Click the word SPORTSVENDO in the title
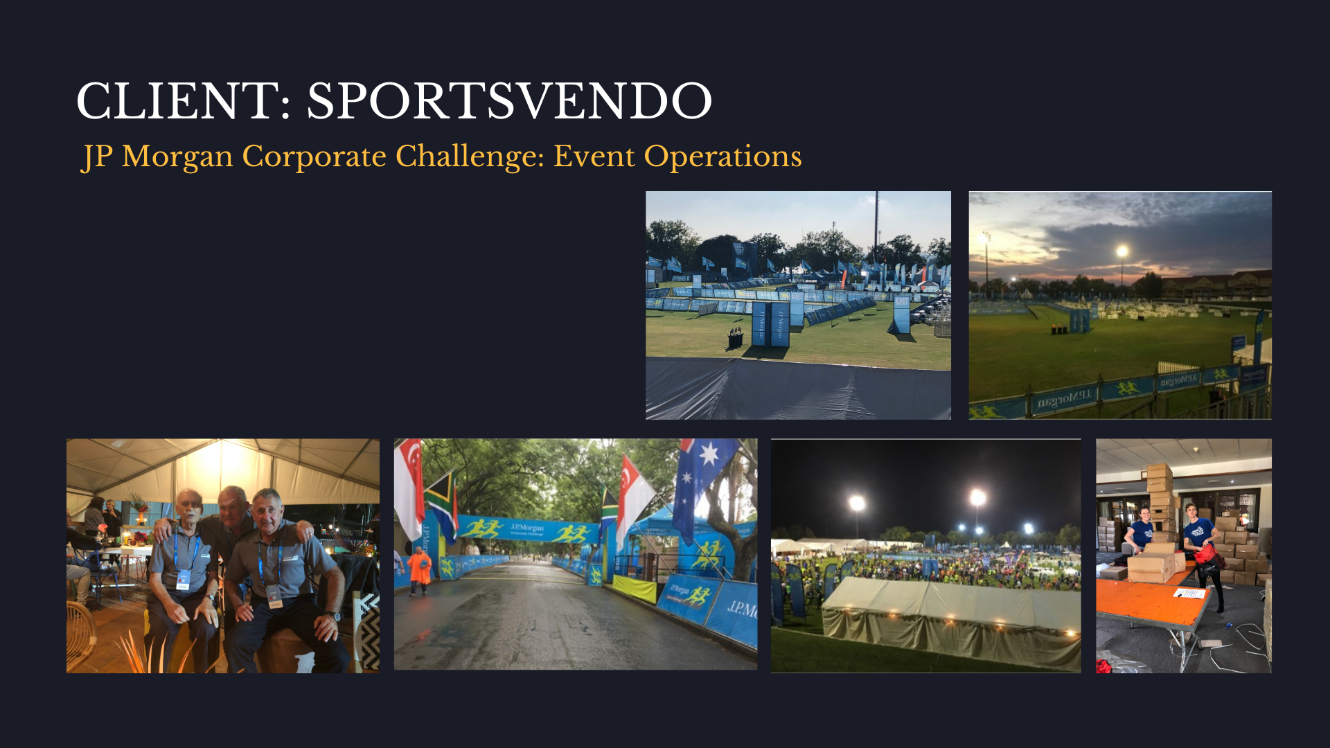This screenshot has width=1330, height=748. (509, 101)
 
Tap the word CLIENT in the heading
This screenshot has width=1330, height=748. (178, 101)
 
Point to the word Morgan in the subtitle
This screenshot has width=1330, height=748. (177, 157)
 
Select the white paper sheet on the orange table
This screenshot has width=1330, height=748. (1189, 593)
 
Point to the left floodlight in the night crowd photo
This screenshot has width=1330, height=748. (857, 502)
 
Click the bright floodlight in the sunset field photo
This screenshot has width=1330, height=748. (1121, 251)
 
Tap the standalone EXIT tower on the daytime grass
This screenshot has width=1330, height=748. (901, 314)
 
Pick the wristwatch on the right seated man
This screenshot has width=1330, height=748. (335, 616)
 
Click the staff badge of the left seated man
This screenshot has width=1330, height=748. (183, 579)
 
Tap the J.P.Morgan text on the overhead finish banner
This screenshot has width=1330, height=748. (527, 528)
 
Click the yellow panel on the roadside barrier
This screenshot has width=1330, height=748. (634, 589)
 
